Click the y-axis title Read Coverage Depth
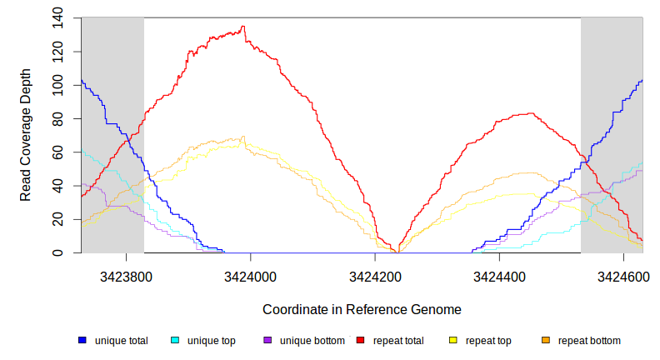tap(26, 135)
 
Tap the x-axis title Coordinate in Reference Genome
tap(362, 309)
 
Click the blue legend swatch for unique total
tap(82, 341)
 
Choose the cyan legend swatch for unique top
tap(175, 341)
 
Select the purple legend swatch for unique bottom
tap(267, 341)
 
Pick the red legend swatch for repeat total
tap(361, 341)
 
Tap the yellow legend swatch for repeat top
tap(453, 341)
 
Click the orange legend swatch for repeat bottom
tap(546, 341)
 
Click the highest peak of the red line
tap(242, 27)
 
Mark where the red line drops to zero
tap(398, 252)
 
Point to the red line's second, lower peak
tap(528, 113)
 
